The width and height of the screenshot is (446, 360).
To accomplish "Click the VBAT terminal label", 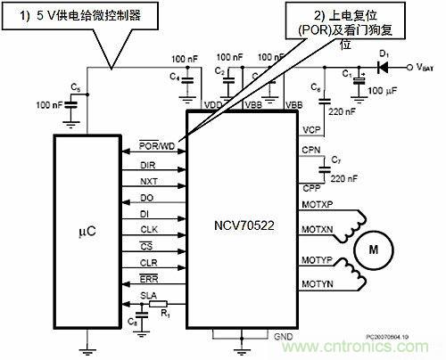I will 425,67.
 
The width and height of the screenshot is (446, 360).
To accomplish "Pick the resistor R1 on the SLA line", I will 165,303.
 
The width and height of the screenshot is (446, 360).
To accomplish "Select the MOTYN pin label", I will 319,284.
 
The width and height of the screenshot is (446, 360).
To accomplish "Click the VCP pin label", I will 311,129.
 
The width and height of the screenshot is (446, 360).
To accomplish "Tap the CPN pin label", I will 311,151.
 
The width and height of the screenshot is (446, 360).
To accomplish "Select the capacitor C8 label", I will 131,320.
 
